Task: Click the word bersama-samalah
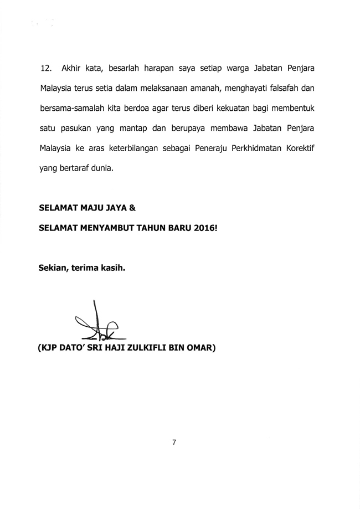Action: coord(71,103)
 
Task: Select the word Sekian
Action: coord(53,269)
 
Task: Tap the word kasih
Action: coord(112,269)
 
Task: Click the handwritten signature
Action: coord(100,324)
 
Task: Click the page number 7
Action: coord(174,442)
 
